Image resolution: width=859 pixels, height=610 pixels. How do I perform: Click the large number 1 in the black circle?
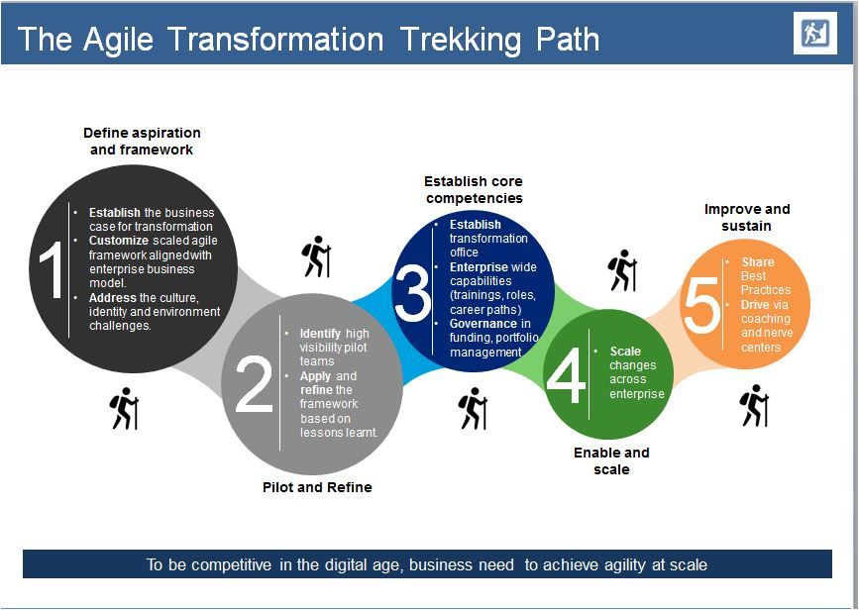[53, 269]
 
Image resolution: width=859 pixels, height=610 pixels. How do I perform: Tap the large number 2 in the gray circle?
[254, 383]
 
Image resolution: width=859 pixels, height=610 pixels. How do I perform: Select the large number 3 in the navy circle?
[412, 292]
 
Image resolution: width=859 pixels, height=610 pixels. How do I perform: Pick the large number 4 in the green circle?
[566, 375]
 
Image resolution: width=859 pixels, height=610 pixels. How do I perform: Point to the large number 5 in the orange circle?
[701, 304]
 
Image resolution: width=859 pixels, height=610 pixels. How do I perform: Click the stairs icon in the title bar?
[815, 34]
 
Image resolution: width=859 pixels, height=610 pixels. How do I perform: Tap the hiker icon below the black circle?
[125, 409]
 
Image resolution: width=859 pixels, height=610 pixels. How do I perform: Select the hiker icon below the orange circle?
[754, 405]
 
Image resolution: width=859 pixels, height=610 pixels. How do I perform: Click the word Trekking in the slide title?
[460, 40]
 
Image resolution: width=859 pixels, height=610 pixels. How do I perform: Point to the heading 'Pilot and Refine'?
[317, 487]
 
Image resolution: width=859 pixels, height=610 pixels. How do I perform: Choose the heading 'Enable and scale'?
[611, 461]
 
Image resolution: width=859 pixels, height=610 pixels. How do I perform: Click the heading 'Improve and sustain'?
[747, 218]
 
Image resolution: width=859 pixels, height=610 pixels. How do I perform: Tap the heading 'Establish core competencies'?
[474, 189]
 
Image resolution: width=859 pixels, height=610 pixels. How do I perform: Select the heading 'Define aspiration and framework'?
[142, 142]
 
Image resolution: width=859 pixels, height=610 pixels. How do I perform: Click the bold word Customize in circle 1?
[119, 241]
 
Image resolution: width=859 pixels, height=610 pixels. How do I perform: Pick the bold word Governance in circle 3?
[483, 324]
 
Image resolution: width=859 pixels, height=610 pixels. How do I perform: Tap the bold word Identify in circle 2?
[320, 334]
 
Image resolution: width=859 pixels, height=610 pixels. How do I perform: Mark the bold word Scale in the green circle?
[625, 351]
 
